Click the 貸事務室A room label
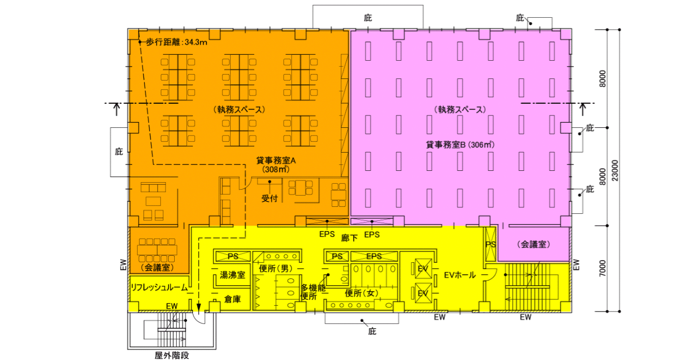point(277,160)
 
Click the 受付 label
point(269,198)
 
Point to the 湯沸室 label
point(232,275)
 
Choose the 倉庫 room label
point(232,298)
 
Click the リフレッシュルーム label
point(159,287)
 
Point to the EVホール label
point(460,275)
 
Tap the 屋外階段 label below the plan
point(172,355)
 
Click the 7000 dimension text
point(603,268)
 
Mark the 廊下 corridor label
point(349,237)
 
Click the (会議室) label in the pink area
point(534,244)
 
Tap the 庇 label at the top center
point(368,18)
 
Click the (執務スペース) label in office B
point(460,109)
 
